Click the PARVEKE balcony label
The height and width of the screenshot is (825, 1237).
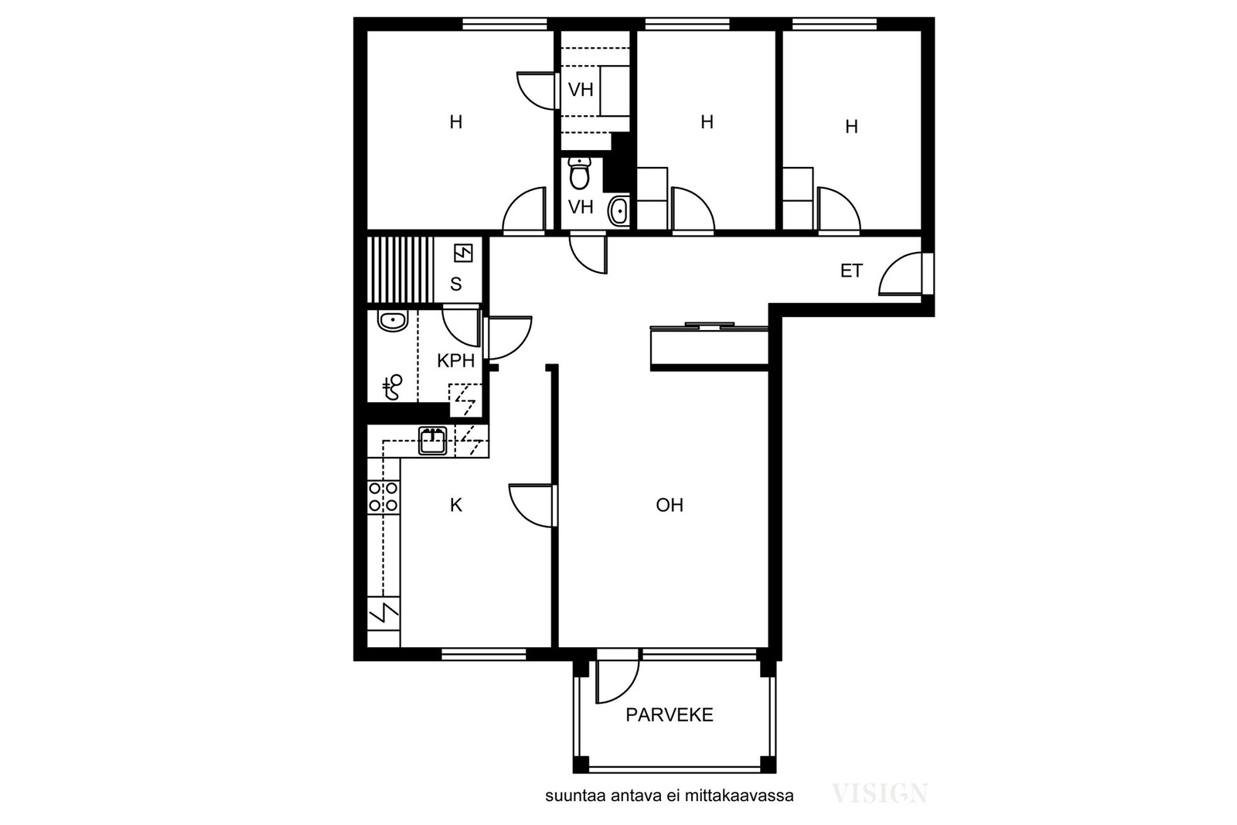coord(670,715)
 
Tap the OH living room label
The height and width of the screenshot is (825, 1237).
coord(670,505)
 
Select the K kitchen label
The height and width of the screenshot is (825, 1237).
coord(455,505)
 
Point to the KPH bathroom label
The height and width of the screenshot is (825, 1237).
coord(455,360)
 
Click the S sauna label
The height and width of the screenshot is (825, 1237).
coord(455,284)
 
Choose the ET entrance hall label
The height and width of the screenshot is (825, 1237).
coord(851,271)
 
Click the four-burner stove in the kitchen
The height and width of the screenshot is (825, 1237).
coord(383,496)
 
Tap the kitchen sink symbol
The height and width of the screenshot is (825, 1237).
coord(433,441)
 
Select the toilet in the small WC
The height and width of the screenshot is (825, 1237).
coord(579,173)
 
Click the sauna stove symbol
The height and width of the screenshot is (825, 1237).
coord(463,254)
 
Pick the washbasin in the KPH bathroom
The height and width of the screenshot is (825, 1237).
coord(393,321)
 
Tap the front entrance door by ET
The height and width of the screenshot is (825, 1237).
coord(901,274)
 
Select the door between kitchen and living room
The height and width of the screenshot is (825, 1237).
coord(530,505)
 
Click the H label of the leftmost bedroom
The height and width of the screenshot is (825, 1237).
coord(455,122)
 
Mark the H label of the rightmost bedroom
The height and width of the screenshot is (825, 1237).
coord(851,127)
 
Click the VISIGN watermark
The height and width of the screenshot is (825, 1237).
coord(880,793)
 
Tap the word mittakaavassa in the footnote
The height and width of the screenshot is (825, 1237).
coord(739,796)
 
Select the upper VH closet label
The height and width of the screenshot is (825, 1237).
coord(581,90)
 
